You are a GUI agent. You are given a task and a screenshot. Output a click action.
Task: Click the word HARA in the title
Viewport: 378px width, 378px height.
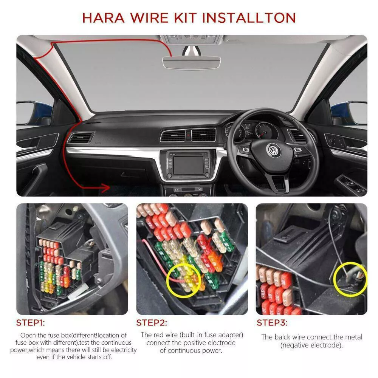tap(104, 18)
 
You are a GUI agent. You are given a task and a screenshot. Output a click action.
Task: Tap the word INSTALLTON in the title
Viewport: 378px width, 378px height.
tap(249, 18)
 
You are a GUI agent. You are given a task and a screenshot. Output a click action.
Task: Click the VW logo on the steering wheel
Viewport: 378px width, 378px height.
tap(273, 150)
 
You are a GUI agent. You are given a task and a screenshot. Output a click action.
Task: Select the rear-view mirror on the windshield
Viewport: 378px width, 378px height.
tap(192, 62)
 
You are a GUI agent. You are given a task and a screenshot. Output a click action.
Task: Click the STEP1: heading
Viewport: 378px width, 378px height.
tap(31, 322)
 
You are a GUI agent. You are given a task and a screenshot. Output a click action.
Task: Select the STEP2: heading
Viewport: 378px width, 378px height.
tap(152, 322)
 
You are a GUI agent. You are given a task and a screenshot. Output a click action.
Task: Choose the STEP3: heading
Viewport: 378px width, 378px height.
tap(272, 322)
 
